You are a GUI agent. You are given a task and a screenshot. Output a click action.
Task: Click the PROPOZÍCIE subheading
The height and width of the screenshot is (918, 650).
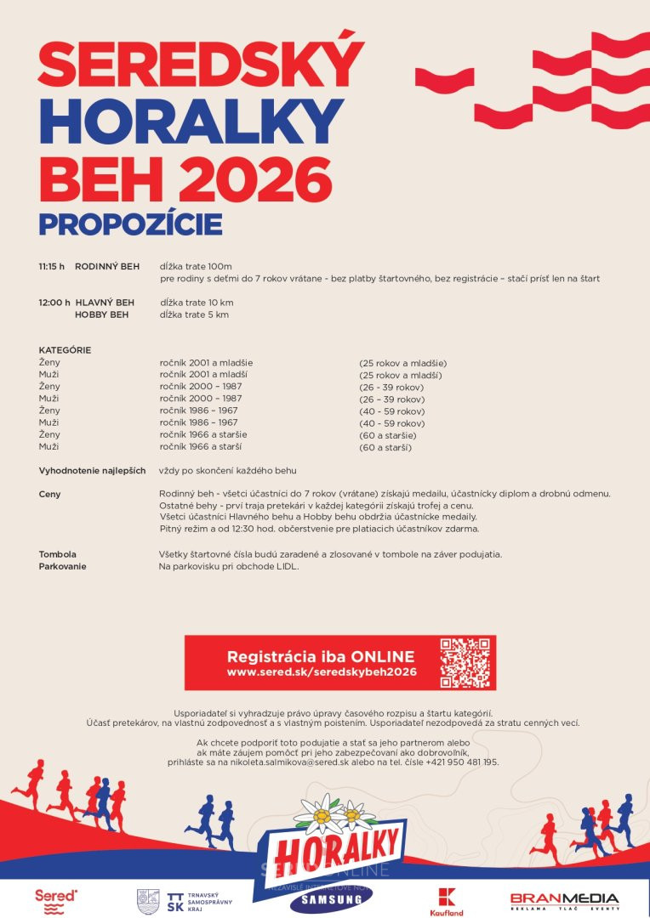pos(130,224)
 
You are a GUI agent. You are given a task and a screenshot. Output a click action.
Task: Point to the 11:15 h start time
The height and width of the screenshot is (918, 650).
pos(51,266)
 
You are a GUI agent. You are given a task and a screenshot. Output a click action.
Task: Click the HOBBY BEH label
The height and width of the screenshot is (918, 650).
pos(102,314)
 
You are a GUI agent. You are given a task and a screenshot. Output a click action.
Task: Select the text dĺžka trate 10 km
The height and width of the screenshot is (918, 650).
pos(197,303)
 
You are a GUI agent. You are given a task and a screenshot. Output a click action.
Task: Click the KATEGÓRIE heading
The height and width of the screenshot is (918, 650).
pos(65,350)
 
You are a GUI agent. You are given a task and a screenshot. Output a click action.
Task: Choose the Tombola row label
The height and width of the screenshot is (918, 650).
pos(57,554)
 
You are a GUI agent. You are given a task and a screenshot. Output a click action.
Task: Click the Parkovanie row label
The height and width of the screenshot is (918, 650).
pos(62,566)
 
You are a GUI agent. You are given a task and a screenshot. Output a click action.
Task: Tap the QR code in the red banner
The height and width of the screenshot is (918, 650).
pos(465,662)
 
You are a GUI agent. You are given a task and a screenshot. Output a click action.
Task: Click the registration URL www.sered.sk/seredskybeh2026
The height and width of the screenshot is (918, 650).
pos(321,671)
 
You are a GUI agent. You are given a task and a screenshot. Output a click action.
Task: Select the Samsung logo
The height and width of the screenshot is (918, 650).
pos(331,899)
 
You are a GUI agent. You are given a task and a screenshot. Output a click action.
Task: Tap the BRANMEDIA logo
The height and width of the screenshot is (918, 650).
pos(564,900)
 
